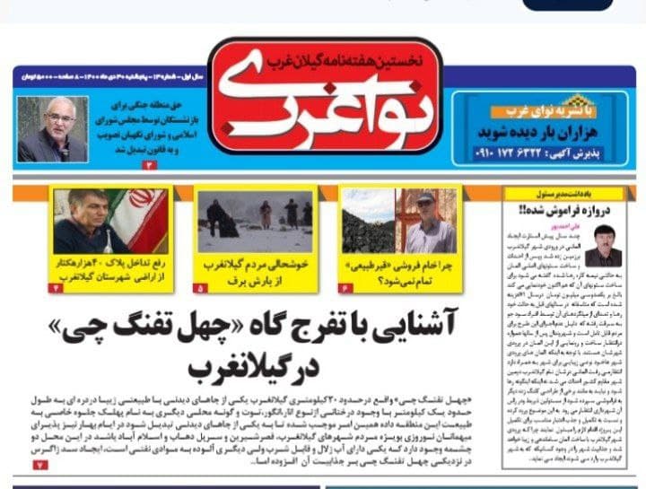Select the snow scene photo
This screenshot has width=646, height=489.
click(x=256, y=219)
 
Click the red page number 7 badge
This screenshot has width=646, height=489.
click(x=39, y=466)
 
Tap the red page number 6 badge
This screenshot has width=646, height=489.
click(x=343, y=287)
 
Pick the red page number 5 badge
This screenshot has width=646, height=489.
click(x=199, y=287)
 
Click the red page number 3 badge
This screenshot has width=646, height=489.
click(x=149, y=165)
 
